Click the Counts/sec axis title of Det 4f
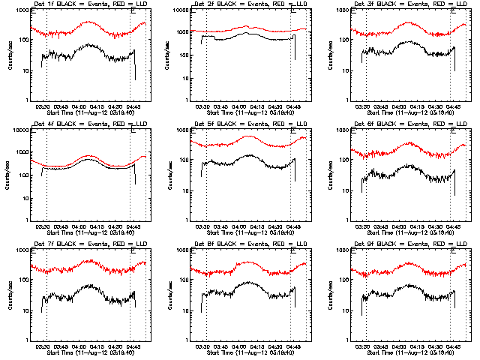click(10, 174)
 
